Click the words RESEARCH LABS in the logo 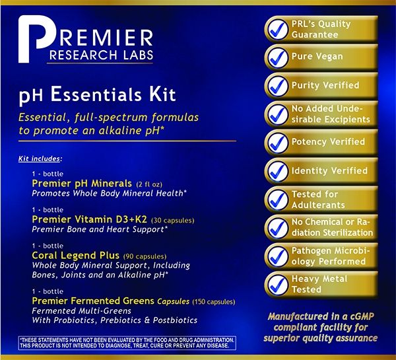coord(105,54)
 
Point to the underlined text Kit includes coord(41,159)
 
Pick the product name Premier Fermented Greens coord(92,301)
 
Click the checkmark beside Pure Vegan coord(276,57)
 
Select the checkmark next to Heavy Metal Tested coord(276,284)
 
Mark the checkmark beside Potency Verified coord(276,143)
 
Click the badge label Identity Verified coord(328,171)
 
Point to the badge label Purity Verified coord(325,86)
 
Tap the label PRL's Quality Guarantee coord(321,29)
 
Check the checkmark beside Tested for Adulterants coord(276,199)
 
